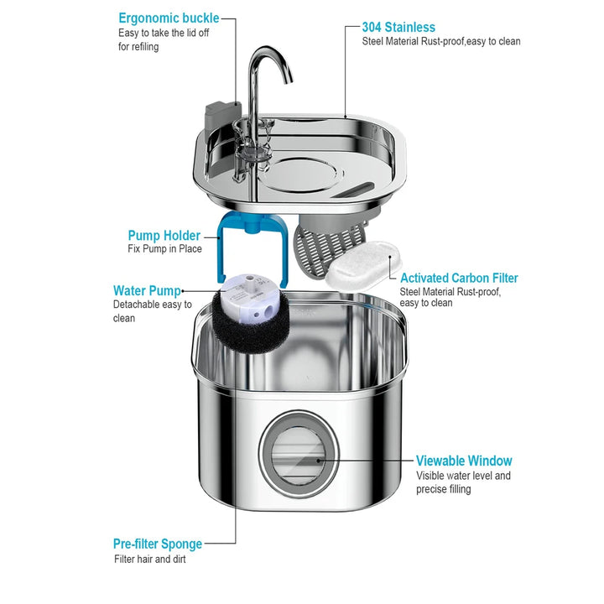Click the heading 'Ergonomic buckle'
[x=169, y=18]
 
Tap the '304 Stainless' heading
[x=398, y=27]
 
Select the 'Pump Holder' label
[x=164, y=236]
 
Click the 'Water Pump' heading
[x=148, y=291]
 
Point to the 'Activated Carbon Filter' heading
[x=459, y=278]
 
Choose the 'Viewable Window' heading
[x=464, y=461]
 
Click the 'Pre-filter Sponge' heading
[x=158, y=544]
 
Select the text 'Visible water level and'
[x=463, y=476]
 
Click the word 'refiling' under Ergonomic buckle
[x=138, y=47]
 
